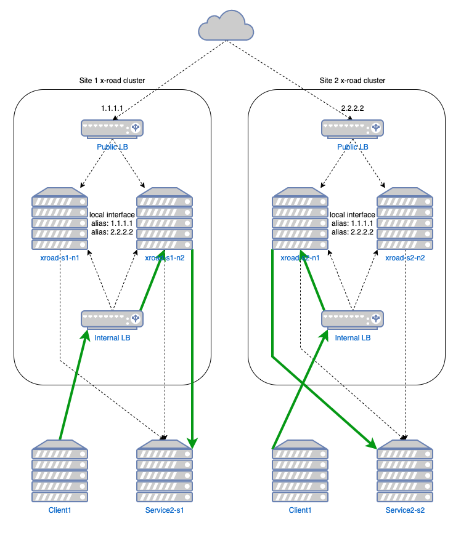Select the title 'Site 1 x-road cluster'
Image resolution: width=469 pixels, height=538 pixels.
pos(112,81)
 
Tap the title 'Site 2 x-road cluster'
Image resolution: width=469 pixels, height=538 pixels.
pos(353,81)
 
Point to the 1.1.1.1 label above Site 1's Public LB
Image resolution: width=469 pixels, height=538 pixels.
pos(112,108)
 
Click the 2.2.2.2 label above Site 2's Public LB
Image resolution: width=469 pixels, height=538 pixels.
pos(353,108)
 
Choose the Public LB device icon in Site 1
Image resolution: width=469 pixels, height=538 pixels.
pos(112,128)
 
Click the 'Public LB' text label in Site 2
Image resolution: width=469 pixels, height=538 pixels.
pos(353,147)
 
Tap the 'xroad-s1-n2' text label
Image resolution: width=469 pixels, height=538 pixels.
pos(165,258)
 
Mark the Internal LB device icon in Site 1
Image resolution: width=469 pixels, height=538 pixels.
pos(112,319)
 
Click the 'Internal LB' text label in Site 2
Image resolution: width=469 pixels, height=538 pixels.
pos(353,337)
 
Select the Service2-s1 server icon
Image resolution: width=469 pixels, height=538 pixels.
pos(165,471)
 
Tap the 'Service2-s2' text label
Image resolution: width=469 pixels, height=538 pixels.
pos(405,510)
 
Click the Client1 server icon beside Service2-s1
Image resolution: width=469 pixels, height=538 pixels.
pos(60,471)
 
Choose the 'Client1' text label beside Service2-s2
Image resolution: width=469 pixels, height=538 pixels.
pos(300,510)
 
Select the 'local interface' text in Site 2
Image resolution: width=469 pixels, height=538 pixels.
pos(353,214)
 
